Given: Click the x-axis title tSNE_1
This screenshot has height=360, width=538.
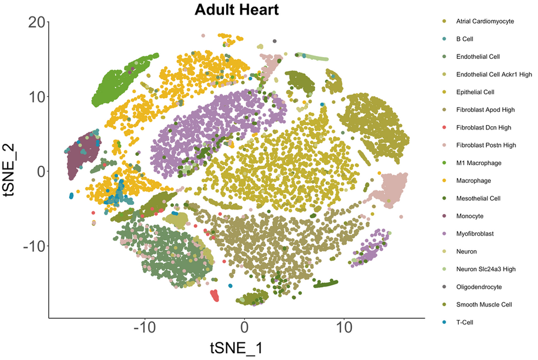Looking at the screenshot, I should click(236, 347).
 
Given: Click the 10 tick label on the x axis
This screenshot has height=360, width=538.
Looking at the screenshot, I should click(344, 328).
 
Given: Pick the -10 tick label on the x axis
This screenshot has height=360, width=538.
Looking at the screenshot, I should click(144, 328).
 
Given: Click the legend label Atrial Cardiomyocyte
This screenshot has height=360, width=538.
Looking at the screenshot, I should click(485, 21).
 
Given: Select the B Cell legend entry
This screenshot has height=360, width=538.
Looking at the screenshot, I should click(464, 39).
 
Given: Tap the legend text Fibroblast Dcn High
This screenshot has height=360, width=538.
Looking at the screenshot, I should click(484, 127).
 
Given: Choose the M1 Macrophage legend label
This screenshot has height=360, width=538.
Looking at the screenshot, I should click(479, 163).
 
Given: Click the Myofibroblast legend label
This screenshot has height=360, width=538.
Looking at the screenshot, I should click(475, 234).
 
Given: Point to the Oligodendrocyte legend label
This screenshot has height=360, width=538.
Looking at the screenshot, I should click(479, 286).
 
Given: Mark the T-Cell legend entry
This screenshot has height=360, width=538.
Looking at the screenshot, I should click(464, 322).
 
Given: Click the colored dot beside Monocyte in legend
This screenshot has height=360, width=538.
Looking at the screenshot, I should click(444, 216).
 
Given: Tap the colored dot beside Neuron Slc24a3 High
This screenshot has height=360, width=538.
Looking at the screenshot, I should click(444, 269).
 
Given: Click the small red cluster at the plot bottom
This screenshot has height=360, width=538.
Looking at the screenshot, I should click(215, 296).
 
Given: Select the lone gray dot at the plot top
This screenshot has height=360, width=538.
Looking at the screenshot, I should click(274, 41).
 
